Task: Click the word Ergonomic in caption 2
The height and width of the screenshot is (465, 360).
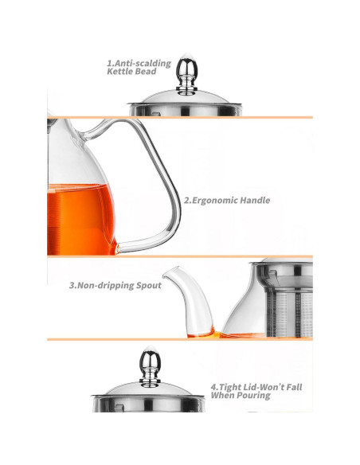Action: click(218, 201)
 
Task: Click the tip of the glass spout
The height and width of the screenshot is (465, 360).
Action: click(166, 284)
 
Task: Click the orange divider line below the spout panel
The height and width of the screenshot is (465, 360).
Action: click(179, 339)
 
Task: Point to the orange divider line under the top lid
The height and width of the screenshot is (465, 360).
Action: click(179, 117)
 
